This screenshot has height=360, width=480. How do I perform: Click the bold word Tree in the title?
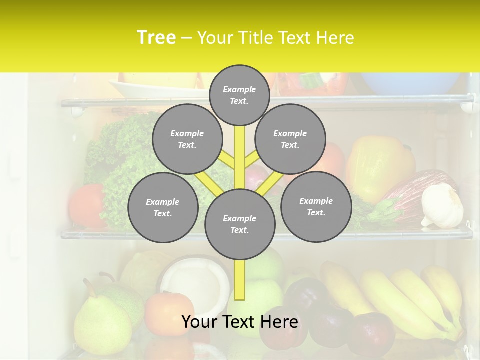tap(156, 38)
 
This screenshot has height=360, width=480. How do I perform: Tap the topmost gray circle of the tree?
tap(239, 95)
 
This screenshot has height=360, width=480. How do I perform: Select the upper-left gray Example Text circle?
tap(187, 139)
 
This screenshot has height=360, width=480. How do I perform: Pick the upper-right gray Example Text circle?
tap(290, 139)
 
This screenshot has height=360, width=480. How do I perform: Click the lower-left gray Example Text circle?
tap(163, 207)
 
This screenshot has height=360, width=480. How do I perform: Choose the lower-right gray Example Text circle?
tap(316, 206)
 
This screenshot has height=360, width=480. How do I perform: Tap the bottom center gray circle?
tap(240, 224)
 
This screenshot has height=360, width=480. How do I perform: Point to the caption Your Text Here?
tap(240, 322)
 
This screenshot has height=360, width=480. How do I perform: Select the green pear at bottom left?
tap(100, 325)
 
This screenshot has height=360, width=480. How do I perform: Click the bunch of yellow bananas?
tap(410, 300)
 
